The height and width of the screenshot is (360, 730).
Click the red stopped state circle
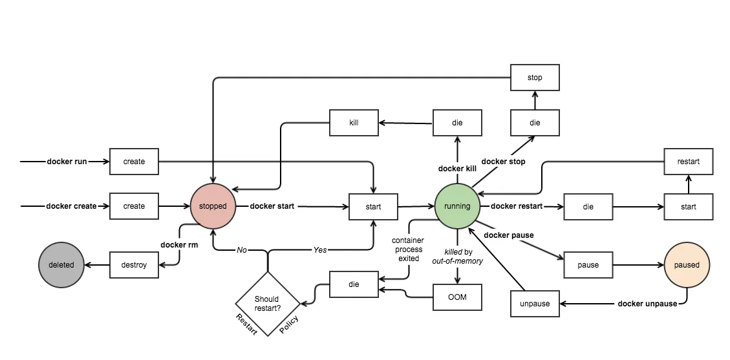click(x=213, y=206)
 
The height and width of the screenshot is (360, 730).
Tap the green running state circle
click(x=457, y=206)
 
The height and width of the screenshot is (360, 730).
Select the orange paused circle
click(x=687, y=264)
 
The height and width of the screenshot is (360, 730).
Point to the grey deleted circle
click(x=61, y=264)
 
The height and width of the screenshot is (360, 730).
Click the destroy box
click(x=134, y=265)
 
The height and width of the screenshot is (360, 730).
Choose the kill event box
click(x=354, y=122)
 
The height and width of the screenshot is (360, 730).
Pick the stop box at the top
click(x=535, y=78)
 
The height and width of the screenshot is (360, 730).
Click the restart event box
click(x=689, y=162)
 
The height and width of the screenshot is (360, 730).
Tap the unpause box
click(x=535, y=304)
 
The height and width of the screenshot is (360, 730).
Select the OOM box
click(x=457, y=297)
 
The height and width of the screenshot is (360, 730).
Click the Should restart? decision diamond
click(x=267, y=302)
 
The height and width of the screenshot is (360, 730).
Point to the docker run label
click(x=67, y=162)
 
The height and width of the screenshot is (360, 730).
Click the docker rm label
click(x=179, y=245)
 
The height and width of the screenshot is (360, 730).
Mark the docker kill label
click(x=457, y=169)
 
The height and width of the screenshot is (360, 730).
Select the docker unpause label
click(x=647, y=304)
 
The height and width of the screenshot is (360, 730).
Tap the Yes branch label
click(x=320, y=249)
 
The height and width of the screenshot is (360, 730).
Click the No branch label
click(x=242, y=249)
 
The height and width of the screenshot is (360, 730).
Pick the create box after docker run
click(x=134, y=162)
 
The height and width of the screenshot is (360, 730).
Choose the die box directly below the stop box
click(x=535, y=122)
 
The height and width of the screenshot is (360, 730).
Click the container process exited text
click(x=407, y=249)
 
